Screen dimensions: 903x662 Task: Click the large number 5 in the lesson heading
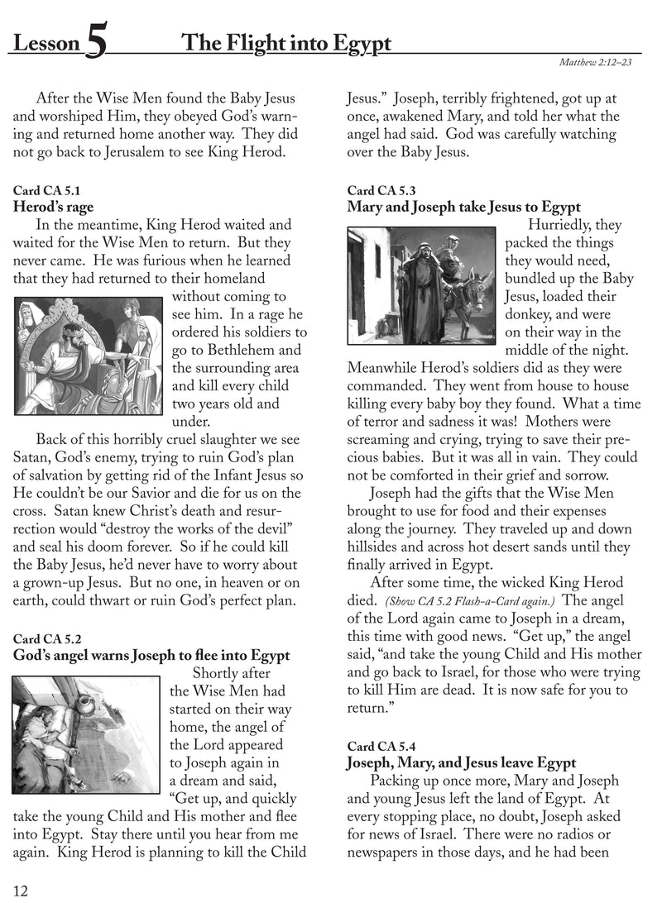tap(95, 44)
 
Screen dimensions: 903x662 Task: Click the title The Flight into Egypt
tap(285, 42)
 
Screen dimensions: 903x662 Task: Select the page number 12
tap(21, 891)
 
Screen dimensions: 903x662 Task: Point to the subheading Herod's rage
tap(53, 207)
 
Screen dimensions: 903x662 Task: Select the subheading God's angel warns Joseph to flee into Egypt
tap(151, 656)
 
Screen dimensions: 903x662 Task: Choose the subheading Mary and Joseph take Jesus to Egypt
tap(464, 207)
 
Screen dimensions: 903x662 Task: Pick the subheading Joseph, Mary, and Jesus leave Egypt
tap(461, 763)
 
